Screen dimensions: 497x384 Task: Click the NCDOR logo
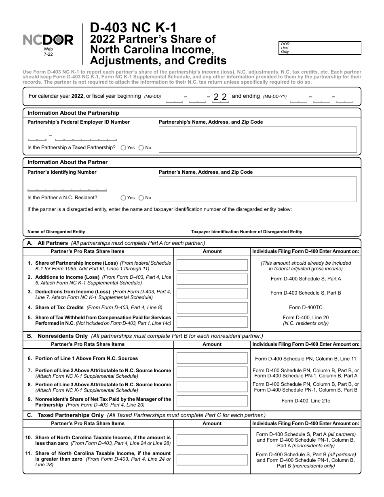point(48,40)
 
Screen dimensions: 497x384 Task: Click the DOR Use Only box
point(320,48)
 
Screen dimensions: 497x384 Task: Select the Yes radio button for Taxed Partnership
point(123,148)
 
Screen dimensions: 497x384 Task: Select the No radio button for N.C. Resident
point(141,198)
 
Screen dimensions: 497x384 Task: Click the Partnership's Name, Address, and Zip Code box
point(257,139)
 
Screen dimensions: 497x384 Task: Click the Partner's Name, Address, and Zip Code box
point(257,189)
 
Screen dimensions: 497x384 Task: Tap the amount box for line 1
point(212,265)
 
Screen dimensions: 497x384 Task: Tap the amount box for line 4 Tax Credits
point(212,308)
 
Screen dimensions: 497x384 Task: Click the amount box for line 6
point(212,358)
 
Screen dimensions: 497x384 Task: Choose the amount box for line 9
point(212,401)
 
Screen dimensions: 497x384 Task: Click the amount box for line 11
point(212,459)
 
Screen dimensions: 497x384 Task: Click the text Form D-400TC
point(306,308)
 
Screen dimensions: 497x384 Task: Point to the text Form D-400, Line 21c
point(306,401)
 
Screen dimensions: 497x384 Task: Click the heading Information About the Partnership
point(73,113)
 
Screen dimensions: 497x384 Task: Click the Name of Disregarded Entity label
point(56,232)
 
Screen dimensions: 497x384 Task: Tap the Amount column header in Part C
point(212,423)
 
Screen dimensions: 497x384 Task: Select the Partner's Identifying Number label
point(62,172)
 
